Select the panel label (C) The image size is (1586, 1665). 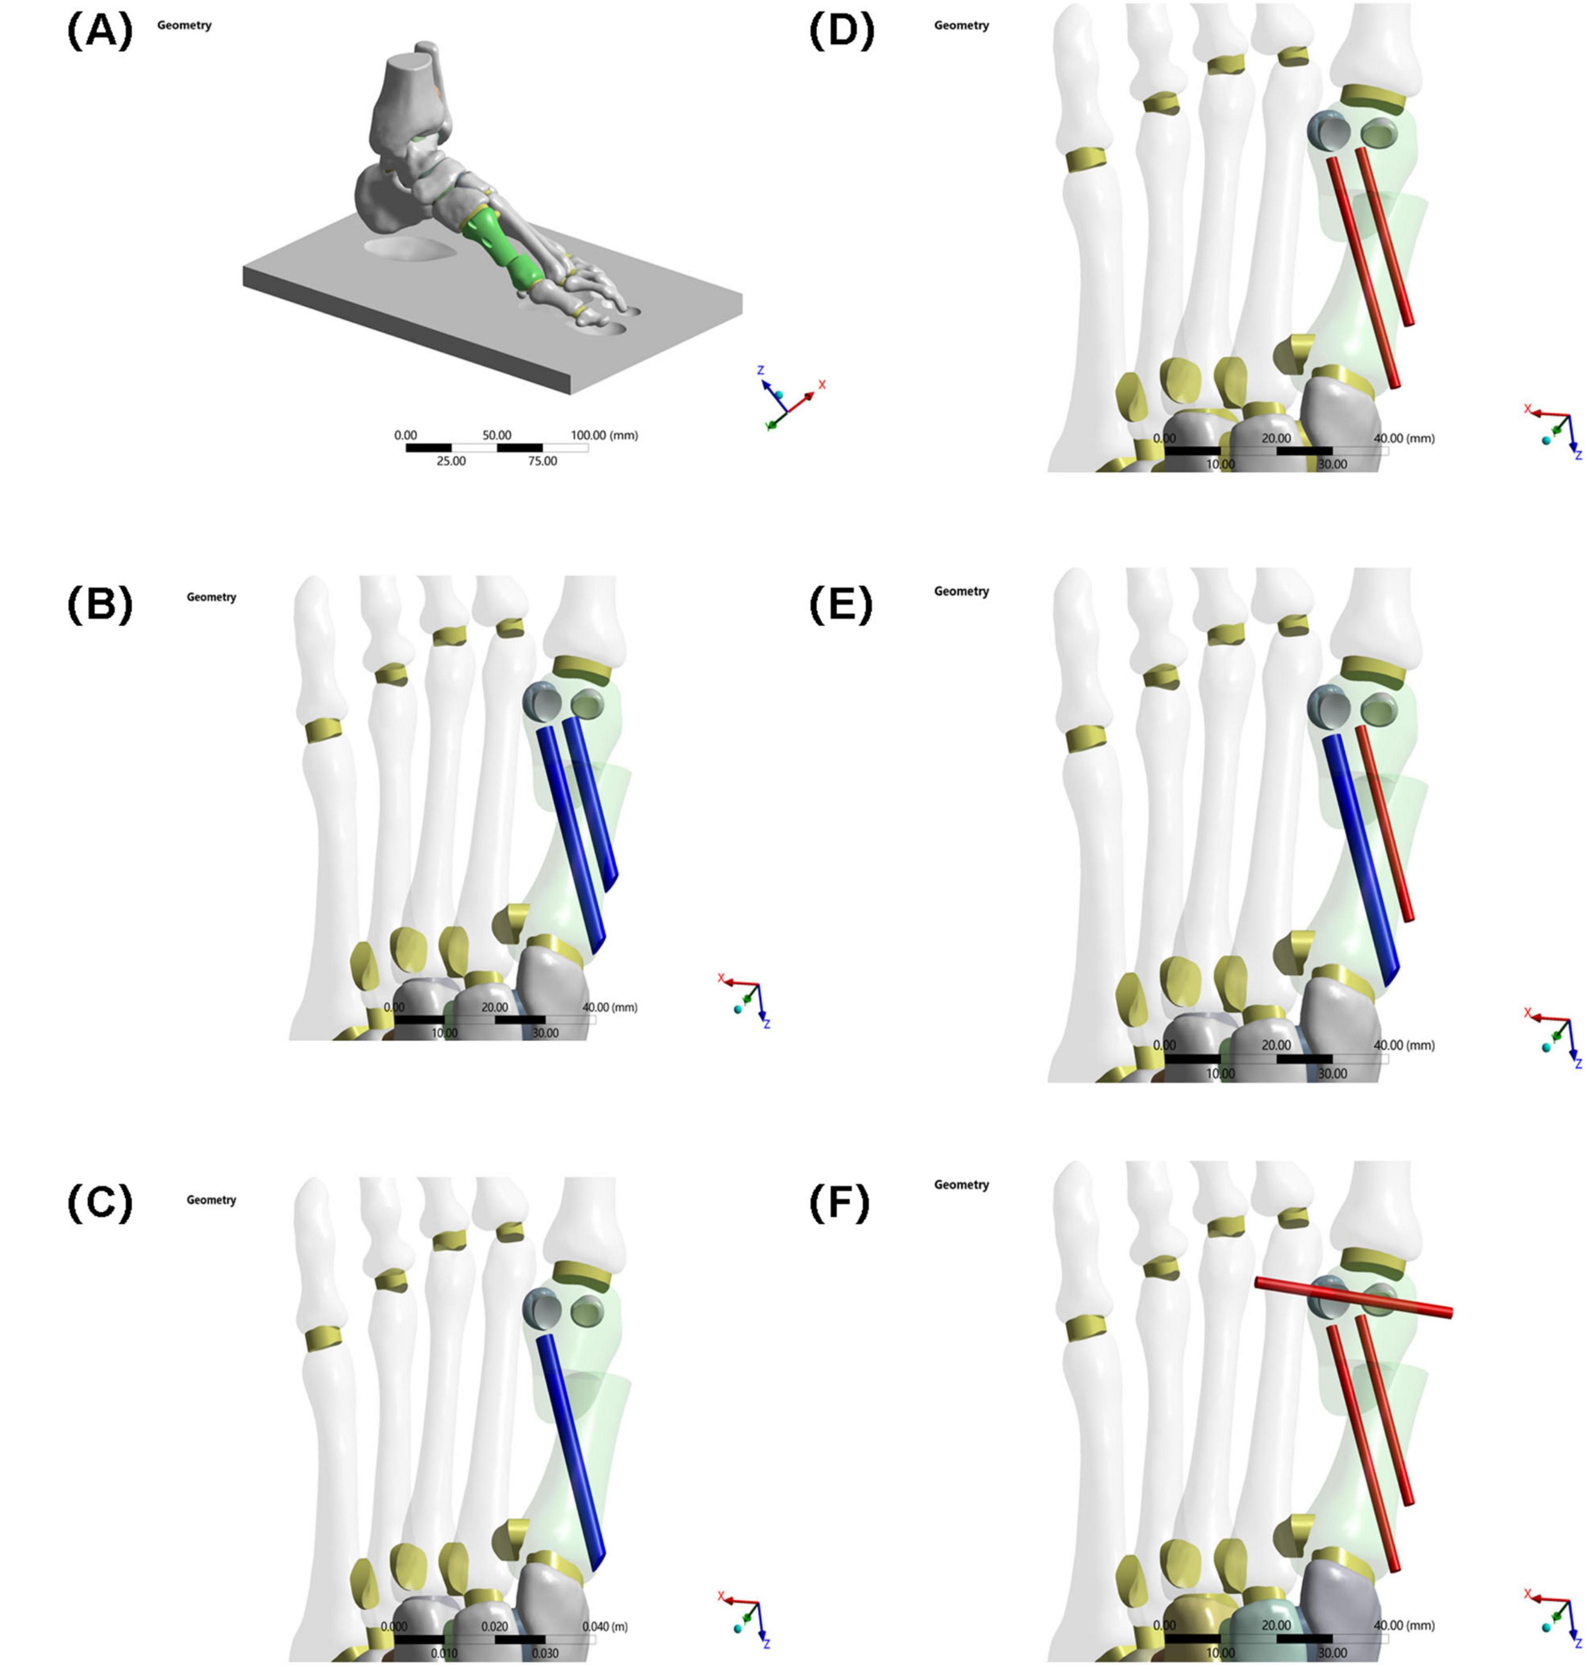pos(100,1204)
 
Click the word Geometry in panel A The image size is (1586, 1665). pos(184,26)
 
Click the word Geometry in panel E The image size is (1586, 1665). pos(961,592)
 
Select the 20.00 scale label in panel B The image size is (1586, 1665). pos(494,1007)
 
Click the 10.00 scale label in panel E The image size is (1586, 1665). pos(1220,1073)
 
